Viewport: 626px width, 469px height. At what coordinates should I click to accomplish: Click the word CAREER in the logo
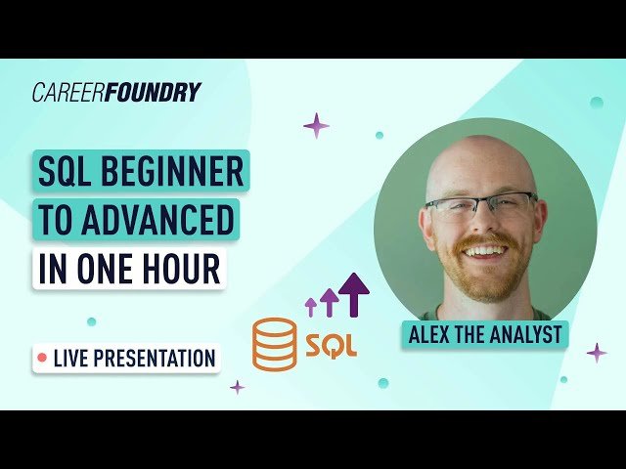(66, 93)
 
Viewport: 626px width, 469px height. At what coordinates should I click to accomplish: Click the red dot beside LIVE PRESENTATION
(42, 359)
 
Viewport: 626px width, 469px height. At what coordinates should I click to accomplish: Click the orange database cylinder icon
(274, 344)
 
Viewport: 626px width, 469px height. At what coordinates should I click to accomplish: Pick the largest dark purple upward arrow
(353, 293)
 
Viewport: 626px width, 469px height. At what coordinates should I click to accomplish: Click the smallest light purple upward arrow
(311, 306)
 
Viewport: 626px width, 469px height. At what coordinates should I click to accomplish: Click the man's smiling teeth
(483, 251)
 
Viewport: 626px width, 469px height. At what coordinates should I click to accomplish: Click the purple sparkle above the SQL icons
(316, 125)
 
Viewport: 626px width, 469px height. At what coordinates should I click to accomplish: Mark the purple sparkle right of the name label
(596, 353)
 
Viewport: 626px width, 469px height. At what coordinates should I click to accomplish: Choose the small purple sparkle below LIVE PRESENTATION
(237, 387)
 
